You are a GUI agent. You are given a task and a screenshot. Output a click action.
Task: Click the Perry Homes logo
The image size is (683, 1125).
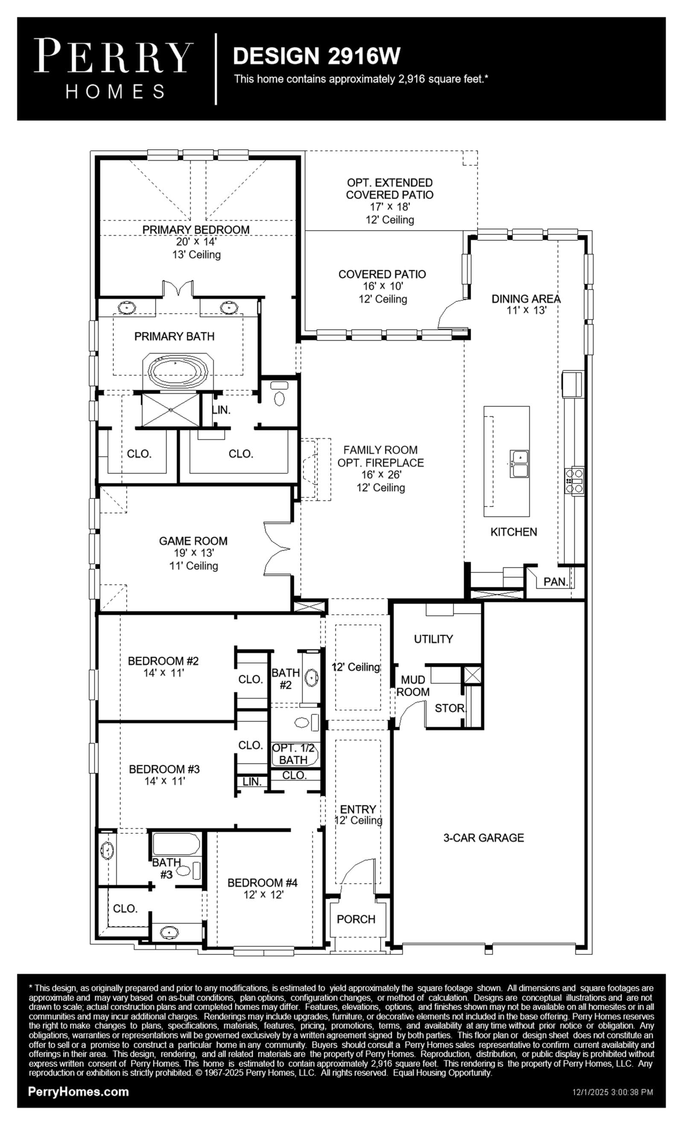coord(114,68)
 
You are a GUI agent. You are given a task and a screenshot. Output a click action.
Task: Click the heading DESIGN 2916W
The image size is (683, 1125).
coord(316,56)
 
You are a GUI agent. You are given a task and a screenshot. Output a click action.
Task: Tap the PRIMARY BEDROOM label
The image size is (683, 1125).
coord(196,229)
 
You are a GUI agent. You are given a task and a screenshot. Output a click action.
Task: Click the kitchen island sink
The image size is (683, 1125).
coord(519,463)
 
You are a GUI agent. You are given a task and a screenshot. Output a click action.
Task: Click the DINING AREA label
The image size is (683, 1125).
coord(526,298)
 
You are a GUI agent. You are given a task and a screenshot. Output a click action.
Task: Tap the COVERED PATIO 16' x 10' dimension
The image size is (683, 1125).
coord(383,286)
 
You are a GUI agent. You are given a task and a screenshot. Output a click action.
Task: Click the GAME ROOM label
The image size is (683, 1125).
coord(193,541)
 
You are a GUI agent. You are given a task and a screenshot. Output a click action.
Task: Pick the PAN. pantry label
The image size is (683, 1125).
coord(556,581)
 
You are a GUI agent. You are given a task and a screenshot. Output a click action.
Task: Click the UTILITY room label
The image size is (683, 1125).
coord(433,639)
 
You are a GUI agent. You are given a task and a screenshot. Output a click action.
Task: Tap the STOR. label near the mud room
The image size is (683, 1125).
coord(449,708)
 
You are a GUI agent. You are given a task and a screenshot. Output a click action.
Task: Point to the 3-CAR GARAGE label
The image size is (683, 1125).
coord(484,837)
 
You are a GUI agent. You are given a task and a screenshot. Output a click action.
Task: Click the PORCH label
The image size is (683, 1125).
coord(356,919)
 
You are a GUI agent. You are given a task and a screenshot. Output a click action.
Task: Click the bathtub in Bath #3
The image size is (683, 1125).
coord(176,844)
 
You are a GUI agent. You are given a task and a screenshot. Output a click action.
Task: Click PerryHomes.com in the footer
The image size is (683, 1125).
coord(79,1091)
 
